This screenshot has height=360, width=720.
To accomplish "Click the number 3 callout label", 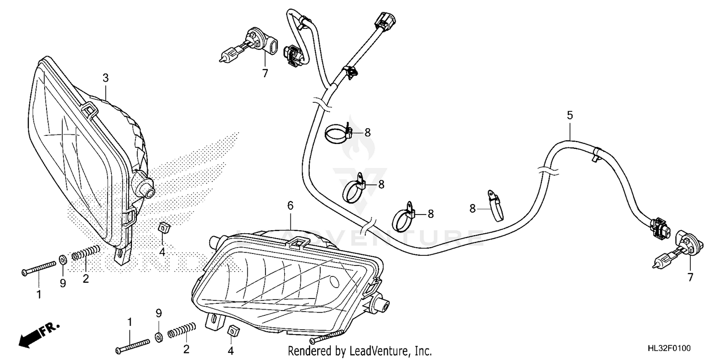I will pos(106,77).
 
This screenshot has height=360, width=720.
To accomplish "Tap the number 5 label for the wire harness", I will pos(570,115).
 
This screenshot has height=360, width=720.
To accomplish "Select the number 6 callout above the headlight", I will pos(290,205).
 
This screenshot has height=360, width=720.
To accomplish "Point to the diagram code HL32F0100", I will pos(678,347).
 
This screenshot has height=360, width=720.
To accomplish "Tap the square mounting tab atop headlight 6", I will pos(299,242).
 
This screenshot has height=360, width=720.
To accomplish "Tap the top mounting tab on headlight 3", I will pos(89,108).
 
